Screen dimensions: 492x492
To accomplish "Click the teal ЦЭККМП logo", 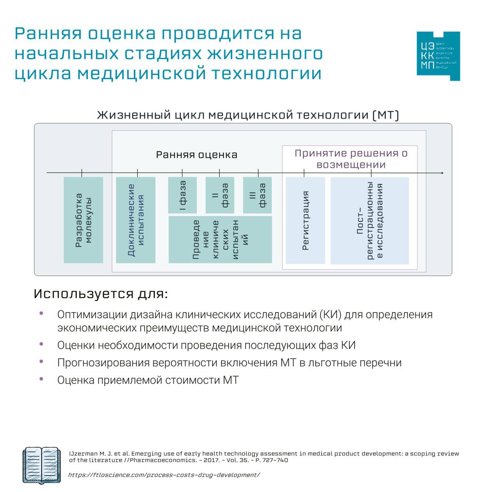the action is tap(438, 56).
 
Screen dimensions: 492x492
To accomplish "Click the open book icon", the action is tap(42, 465).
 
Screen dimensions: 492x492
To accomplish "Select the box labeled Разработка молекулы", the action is tap(83, 220).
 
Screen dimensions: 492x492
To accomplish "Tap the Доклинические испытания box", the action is tap(136, 220).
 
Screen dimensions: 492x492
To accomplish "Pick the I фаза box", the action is tap(183, 195).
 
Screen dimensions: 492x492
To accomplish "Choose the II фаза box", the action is tap(220, 195).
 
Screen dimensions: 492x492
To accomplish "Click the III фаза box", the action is tap(258, 195).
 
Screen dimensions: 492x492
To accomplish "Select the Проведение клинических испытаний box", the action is tap(220, 239).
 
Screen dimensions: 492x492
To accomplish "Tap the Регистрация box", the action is tap(306, 220).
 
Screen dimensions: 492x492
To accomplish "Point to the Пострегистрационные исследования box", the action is tap(370, 221).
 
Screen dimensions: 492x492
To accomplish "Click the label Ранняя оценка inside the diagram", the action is tap(196, 155).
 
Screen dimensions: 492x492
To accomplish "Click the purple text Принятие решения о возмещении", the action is tap(351, 159).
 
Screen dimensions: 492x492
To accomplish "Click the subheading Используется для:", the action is tap(101, 294).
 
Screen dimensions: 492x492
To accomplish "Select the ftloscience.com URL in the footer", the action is tap(164, 475).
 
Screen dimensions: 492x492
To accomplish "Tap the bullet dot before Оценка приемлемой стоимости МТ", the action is tap(42, 379).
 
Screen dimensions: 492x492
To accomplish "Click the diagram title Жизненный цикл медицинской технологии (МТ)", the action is tap(248, 115).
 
